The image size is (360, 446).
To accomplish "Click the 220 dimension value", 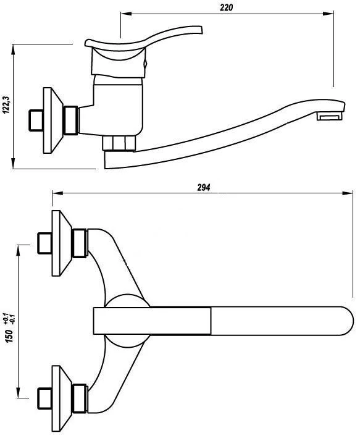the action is coord(227,7).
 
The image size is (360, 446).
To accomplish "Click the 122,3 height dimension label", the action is coord(6,104).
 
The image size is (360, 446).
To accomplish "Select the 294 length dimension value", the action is coord(204,187).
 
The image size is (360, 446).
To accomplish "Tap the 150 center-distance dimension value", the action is coord(9,336).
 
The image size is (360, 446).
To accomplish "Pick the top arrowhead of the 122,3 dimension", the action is coord(13,50).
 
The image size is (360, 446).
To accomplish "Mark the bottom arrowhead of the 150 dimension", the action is coord(18,392).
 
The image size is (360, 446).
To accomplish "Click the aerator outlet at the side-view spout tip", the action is coord(330,116).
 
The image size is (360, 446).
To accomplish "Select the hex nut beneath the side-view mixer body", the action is coord(119,143).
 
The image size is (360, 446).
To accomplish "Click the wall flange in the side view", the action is coord(53,120).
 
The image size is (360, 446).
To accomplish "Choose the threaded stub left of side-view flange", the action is coord(36,120).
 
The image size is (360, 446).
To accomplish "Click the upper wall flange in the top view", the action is coord(62,243).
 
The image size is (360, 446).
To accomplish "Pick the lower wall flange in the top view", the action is coord(62,398).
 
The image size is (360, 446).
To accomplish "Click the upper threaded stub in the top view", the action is coord(45,243).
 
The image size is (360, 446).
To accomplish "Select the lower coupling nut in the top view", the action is coord(79,398).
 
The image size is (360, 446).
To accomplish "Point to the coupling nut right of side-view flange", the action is coord(71,120).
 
